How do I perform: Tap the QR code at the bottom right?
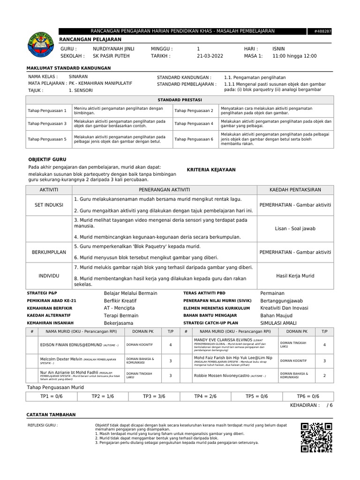click(316, 437)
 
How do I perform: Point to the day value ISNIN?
click(278, 49)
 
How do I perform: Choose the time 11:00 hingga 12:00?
click(294, 56)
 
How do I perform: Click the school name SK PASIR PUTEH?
click(112, 56)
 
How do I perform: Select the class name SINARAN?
click(78, 76)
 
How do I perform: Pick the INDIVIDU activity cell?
click(49, 276)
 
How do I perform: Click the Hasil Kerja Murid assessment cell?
click(295, 276)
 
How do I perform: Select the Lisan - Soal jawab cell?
click(295, 229)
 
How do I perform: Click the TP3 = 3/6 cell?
click(154, 397)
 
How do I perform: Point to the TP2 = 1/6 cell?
click(103, 397)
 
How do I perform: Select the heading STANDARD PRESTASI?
click(180, 100)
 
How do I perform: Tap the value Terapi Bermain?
click(121, 316)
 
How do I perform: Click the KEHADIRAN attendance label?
click(305, 405)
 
